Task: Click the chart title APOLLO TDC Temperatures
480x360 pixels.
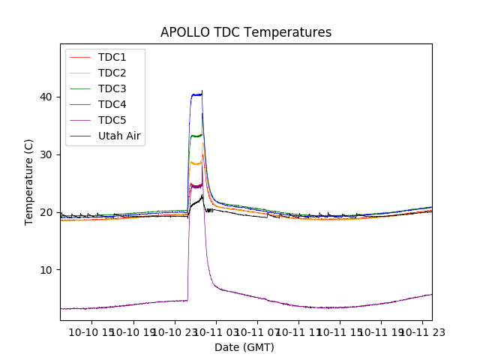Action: (x=246, y=32)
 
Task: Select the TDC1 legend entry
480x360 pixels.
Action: (x=112, y=58)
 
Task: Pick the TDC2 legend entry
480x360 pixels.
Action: (x=112, y=73)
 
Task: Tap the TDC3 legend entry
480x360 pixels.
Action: (x=112, y=89)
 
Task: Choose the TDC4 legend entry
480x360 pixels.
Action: (x=112, y=105)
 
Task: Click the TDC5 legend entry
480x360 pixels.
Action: (x=112, y=121)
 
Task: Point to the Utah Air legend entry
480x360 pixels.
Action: (x=119, y=136)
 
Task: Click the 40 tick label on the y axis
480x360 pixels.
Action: (x=48, y=97)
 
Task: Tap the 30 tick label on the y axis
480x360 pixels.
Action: (x=48, y=154)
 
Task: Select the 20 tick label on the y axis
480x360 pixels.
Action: (x=48, y=212)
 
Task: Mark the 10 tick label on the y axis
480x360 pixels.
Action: (x=48, y=270)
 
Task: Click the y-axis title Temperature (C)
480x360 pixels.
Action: (x=29, y=181)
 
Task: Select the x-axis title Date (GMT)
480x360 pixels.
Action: (x=244, y=347)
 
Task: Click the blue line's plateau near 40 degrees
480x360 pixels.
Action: (x=196, y=94)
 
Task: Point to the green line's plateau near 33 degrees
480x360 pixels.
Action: (x=196, y=136)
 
